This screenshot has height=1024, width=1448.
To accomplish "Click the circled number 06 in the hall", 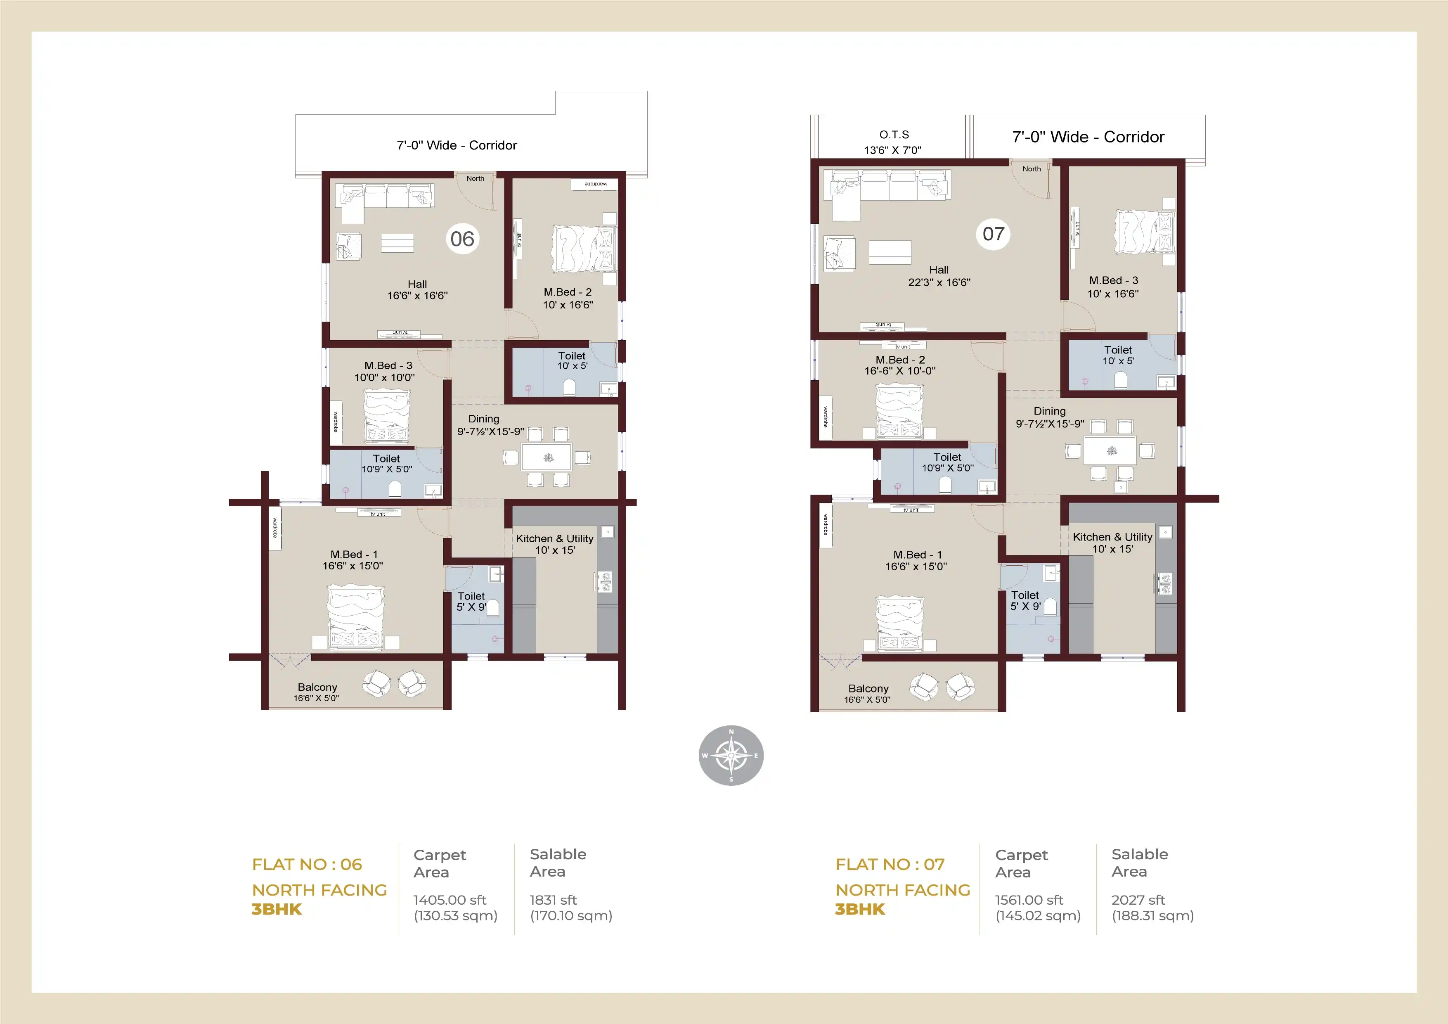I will [462, 239].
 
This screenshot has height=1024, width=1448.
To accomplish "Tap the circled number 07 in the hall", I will [993, 234].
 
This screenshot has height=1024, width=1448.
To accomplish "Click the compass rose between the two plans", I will [731, 755].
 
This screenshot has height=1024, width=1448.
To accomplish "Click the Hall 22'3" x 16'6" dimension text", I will [939, 282].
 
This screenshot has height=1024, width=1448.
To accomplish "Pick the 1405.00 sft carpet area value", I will [450, 900].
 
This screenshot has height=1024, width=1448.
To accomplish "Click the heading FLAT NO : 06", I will [307, 864].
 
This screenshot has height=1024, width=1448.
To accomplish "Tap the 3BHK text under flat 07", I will [859, 909].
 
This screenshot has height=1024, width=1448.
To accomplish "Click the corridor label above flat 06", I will [457, 145].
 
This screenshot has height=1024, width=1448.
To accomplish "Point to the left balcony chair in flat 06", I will [376, 683].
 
